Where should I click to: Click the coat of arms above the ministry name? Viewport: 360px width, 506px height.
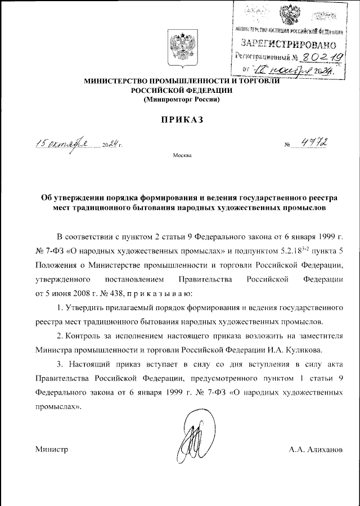(180, 48)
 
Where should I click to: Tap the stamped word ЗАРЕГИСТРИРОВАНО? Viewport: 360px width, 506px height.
(289, 43)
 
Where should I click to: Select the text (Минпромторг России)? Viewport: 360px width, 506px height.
(180, 100)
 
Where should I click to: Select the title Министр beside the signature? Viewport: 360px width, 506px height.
(51, 449)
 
